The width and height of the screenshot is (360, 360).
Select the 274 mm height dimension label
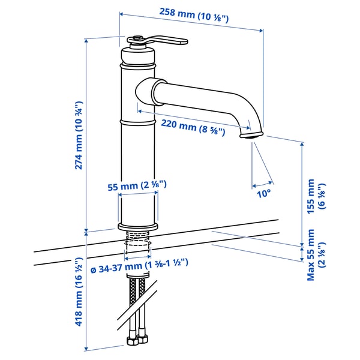[79, 136]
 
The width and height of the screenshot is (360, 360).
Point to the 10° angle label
[264, 193]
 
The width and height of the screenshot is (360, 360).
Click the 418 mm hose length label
[79, 292]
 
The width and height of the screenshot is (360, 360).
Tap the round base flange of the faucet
[137, 226]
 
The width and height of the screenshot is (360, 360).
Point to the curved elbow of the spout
[243, 108]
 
